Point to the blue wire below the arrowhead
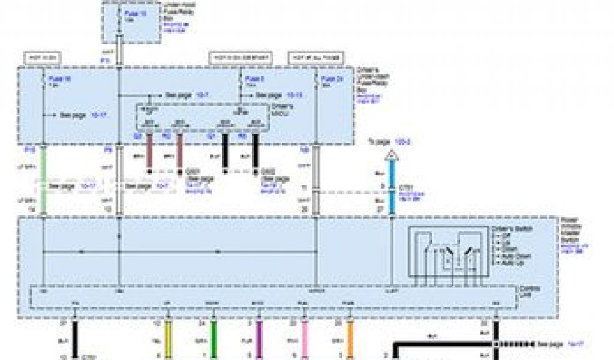point(392,180)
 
